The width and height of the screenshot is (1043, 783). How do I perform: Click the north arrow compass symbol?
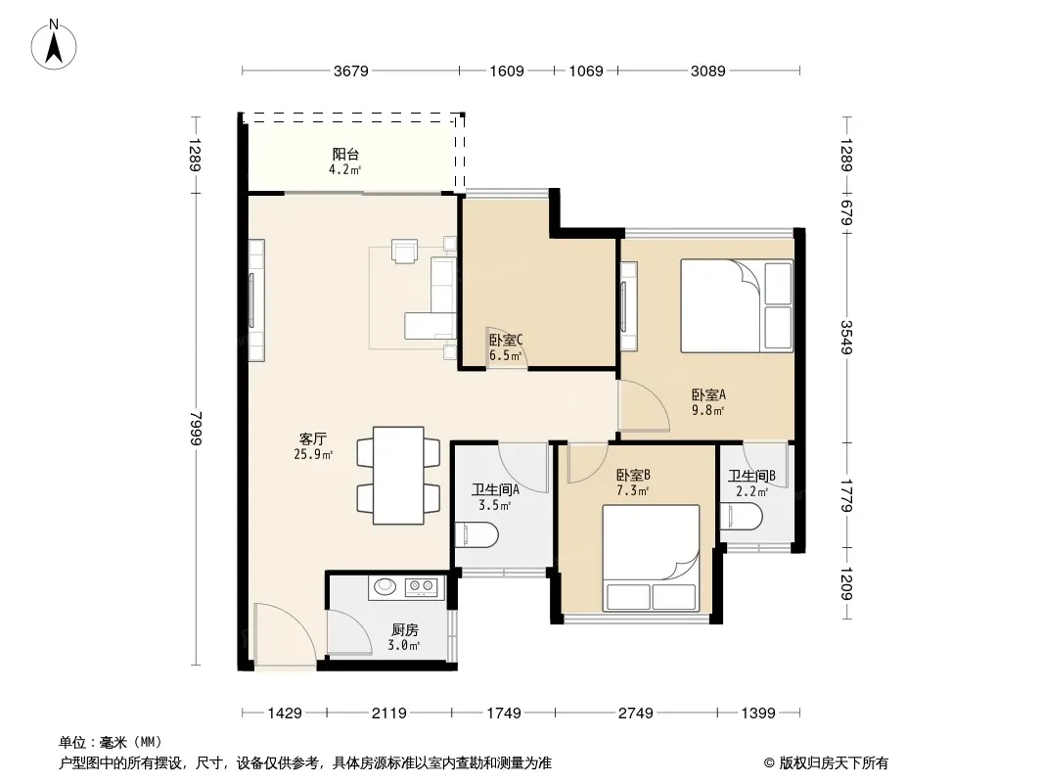click(x=54, y=45)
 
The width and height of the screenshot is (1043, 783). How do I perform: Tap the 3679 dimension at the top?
click(x=350, y=70)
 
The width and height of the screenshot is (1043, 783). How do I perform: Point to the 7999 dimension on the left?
click(x=195, y=429)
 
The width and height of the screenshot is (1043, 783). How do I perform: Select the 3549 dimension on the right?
click(x=846, y=338)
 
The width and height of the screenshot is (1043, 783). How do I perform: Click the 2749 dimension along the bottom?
click(x=635, y=714)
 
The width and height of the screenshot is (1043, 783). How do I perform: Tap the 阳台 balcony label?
click(x=345, y=155)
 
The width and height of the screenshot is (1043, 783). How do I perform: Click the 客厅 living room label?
click(x=313, y=439)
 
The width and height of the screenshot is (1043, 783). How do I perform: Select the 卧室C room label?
click(x=506, y=340)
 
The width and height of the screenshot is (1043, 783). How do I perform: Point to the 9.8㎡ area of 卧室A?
click(x=707, y=410)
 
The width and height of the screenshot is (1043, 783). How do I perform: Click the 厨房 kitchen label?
click(x=404, y=629)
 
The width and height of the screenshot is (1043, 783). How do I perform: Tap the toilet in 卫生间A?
click(x=476, y=535)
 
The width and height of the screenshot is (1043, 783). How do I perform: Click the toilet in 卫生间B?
click(x=743, y=516)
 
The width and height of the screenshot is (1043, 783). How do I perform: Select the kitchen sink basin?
click(x=385, y=586)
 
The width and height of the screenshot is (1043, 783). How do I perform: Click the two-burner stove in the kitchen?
click(x=423, y=586)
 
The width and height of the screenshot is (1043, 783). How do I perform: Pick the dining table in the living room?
click(x=398, y=476)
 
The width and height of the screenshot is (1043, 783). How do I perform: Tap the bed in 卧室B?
click(x=652, y=558)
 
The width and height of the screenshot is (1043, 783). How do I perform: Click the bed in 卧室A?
click(x=737, y=306)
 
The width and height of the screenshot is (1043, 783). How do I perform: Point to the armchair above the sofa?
click(x=404, y=251)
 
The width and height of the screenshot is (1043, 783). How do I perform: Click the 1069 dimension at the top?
click(x=586, y=70)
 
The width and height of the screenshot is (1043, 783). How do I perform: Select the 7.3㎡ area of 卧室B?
click(x=633, y=491)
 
